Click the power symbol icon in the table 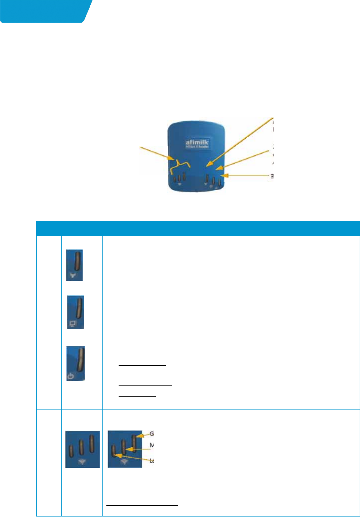pyautogui.click(x=71, y=376)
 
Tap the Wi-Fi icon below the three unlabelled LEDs pyautogui.click(x=82, y=462)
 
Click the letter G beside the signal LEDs pyautogui.click(x=151, y=434)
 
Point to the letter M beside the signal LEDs pyautogui.click(x=152, y=445)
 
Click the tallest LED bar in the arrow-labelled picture pyautogui.click(x=133, y=443)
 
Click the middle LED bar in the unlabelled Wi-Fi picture pyautogui.click(x=81, y=447)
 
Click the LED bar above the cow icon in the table pyautogui.click(x=77, y=262)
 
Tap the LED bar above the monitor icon pyautogui.click(x=79, y=308)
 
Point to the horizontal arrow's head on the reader pyautogui.click(x=224, y=176)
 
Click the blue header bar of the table pyautogui.click(x=198, y=229)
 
